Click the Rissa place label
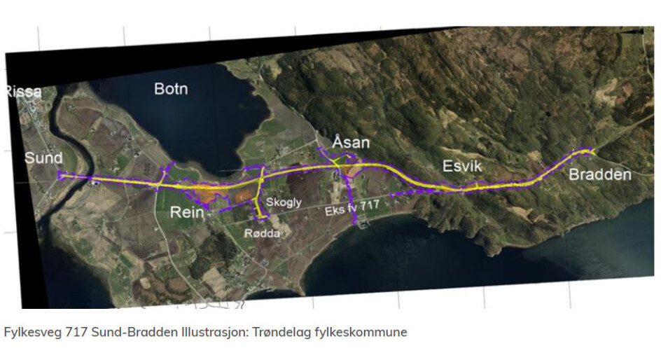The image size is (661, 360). [24, 92]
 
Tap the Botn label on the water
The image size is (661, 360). [171, 88]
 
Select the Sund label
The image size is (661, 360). [43, 158]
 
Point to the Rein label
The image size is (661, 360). [188, 212]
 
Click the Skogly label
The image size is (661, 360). [283, 202]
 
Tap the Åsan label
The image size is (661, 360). [351, 143]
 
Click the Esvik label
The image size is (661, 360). [464, 166]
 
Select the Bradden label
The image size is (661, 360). [600, 174]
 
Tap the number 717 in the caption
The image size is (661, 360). [76, 332]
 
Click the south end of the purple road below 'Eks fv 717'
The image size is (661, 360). [355, 223]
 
